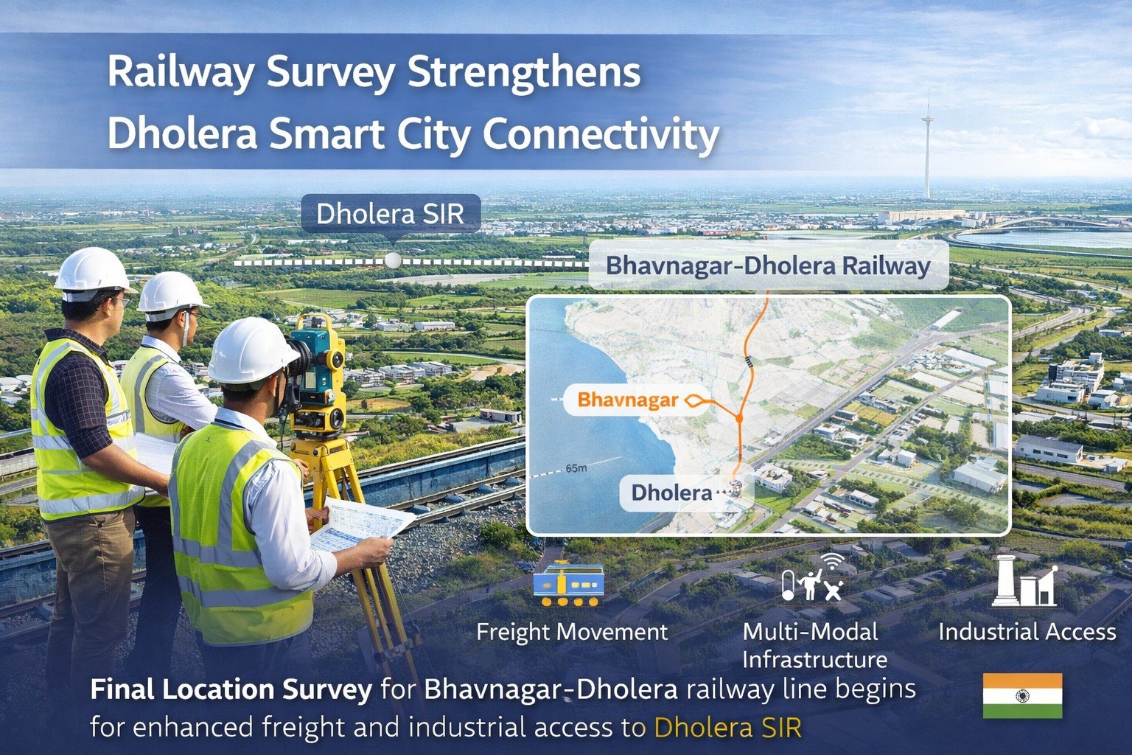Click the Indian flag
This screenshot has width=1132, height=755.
point(1022,695)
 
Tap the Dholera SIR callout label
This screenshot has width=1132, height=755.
point(390,214)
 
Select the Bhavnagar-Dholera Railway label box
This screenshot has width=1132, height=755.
point(767,265)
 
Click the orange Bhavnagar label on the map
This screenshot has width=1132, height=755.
point(627,400)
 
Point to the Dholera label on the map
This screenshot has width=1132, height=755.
point(671,493)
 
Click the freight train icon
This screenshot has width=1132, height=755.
point(569,584)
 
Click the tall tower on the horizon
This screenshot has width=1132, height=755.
point(927,147)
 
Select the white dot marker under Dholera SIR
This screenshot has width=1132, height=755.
point(394,260)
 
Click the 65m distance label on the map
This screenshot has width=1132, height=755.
point(576,468)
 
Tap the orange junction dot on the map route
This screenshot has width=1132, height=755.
point(738,419)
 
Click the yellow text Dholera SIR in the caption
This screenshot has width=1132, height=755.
point(727,728)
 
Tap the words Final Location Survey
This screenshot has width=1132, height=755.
point(231,690)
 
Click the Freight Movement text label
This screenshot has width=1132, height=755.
point(572,632)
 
